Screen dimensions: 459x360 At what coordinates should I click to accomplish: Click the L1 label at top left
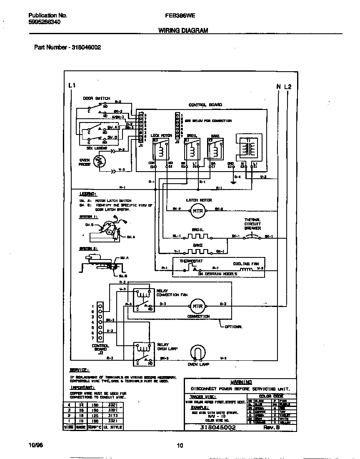[x=72, y=85]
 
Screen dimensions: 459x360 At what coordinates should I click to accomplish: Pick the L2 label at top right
[x=288, y=87]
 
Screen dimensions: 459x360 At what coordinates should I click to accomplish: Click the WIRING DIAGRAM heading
[x=183, y=30]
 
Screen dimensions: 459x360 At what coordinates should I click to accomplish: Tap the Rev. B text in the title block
[x=271, y=428]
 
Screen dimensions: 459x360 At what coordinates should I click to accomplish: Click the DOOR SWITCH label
[x=96, y=99]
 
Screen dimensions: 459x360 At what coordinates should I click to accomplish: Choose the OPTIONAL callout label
[x=234, y=327]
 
